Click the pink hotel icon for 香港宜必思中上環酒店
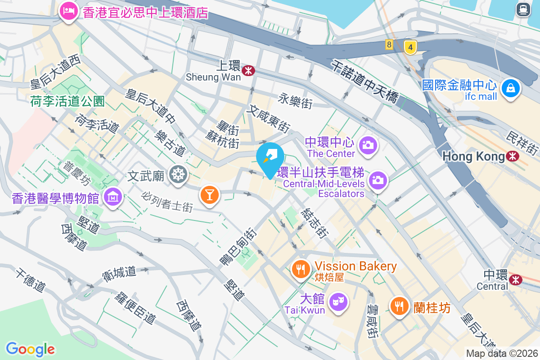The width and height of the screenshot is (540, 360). point(68,11)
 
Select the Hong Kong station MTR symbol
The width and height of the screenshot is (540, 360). point(512,156)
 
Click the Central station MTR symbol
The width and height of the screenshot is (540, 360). point(516,279)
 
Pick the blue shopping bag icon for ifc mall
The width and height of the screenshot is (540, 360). point(511,88)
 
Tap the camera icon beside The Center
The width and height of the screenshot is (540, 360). point(368,145)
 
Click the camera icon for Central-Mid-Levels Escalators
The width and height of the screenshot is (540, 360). point(378,180)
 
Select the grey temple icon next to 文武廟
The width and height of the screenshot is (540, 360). point(178,174)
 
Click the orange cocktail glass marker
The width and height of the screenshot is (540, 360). point(209,194)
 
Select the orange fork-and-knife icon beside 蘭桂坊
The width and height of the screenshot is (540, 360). point(399,306)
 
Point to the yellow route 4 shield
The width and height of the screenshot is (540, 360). point(409,47)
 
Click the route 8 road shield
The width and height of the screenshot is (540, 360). point(389,44)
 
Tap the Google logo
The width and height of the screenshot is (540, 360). point(31,349)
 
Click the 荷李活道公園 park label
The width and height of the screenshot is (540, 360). point(67,101)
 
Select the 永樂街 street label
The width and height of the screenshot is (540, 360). point(295,101)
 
